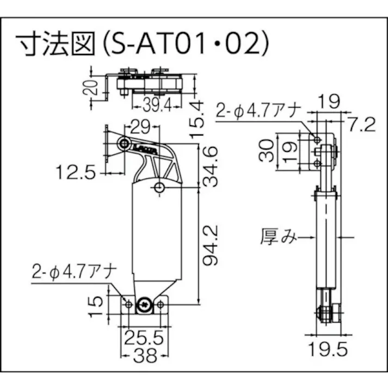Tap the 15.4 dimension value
tap(196, 116)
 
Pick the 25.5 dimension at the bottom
tap(143, 339)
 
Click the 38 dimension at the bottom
tap(143, 356)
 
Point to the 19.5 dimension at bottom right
tap(329, 348)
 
